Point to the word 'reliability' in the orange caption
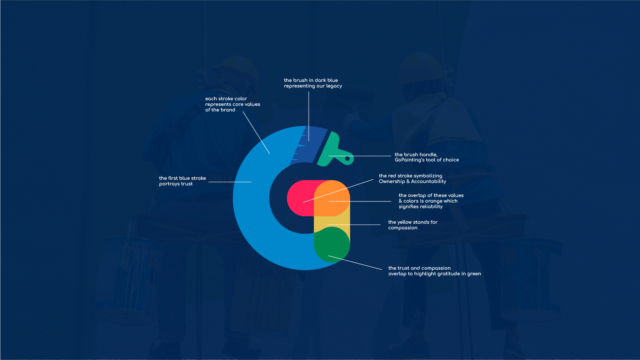(x=421, y=207)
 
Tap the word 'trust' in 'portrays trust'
(x=187, y=184)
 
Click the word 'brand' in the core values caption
(x=228, y=110)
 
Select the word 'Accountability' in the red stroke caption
(x=429, y=181)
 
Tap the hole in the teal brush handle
(x=347, y=159)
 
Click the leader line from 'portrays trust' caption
(x=230, y=182)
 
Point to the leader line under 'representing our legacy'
(x=309, y=116)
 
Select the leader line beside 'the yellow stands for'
(x=354, y=225)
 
